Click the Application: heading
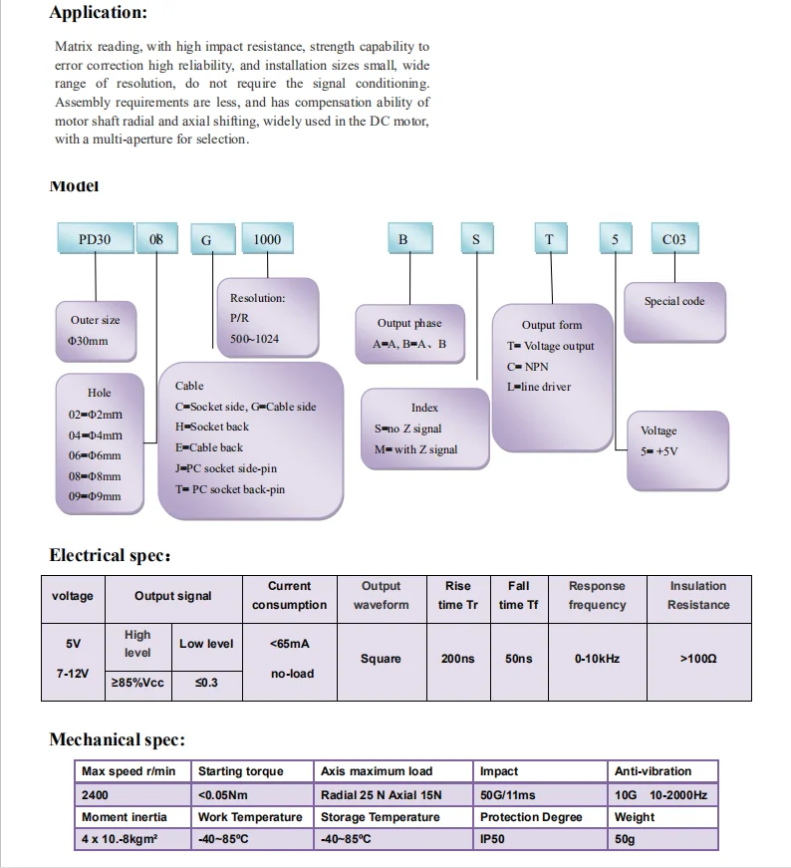pyautogui.click(x=98, y=13)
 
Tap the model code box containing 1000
pyautogui.click(x=267, y=239)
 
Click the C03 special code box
pyautogui.click(x=674, y=239)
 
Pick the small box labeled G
pyautogui.click(x=207, y=240)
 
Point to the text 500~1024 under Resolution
pyautogui.click(x=254, y=339)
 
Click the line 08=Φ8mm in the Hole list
pyautogui.click(x=96, y=476)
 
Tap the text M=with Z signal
pyautogui.click(x=416, y=449)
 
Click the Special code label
pyautogui.click(x=674, y=301)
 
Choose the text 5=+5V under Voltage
pyautogui.click(x=659, y=451)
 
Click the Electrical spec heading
pyautogui.click(x=110, y=556)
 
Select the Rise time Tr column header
pyautogui.click(x=458, y=595)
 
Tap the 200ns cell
pyautogui.click(x=458, y=659)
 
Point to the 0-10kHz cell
pyautogui.click(x=597, y=659)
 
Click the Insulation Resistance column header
pyautogui.click(x=698, y=595)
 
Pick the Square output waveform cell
pyautogui.click(x=381, y=659)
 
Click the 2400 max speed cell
pyautogui.click(x=96, y=794)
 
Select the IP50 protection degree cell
pyautogui.click(x=493, y=839)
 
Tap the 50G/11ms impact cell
pyautogui.click(x=508, y=794)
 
